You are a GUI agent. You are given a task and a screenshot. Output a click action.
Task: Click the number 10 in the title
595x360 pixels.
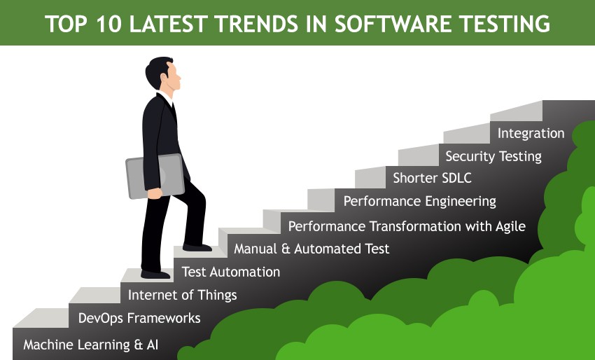(109, 24)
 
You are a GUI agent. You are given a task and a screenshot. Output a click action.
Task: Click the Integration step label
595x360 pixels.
(531, 133)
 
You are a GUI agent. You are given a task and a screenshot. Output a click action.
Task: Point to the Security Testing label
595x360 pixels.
(493, 156)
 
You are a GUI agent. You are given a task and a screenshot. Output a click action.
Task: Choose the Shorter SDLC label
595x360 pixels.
(432, 178)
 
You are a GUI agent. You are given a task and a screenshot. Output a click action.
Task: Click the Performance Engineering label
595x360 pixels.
(420, 201)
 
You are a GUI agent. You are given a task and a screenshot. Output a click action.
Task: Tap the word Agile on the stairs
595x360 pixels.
(510, 227)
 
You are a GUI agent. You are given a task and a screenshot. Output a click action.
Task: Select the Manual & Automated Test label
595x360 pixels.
(311, 249)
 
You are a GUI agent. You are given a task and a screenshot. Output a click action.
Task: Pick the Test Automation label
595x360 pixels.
(231, 272)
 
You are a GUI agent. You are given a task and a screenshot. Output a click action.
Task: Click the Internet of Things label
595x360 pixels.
(183, 295)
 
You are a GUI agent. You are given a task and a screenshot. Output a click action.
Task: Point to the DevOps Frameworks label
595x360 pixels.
(139, 318)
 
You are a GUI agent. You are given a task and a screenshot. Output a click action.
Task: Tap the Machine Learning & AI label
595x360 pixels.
(91, 345)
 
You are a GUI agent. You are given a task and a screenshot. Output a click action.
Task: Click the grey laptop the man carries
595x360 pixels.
(155, 176)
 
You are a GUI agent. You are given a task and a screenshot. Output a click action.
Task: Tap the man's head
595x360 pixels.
(163, 74)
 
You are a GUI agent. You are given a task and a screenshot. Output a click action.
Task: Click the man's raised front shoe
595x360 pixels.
(197, 248)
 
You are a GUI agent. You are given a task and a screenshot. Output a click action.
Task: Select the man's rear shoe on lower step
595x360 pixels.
(155, 274)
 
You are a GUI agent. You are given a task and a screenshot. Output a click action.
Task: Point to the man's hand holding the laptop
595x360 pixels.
(155, 193)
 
